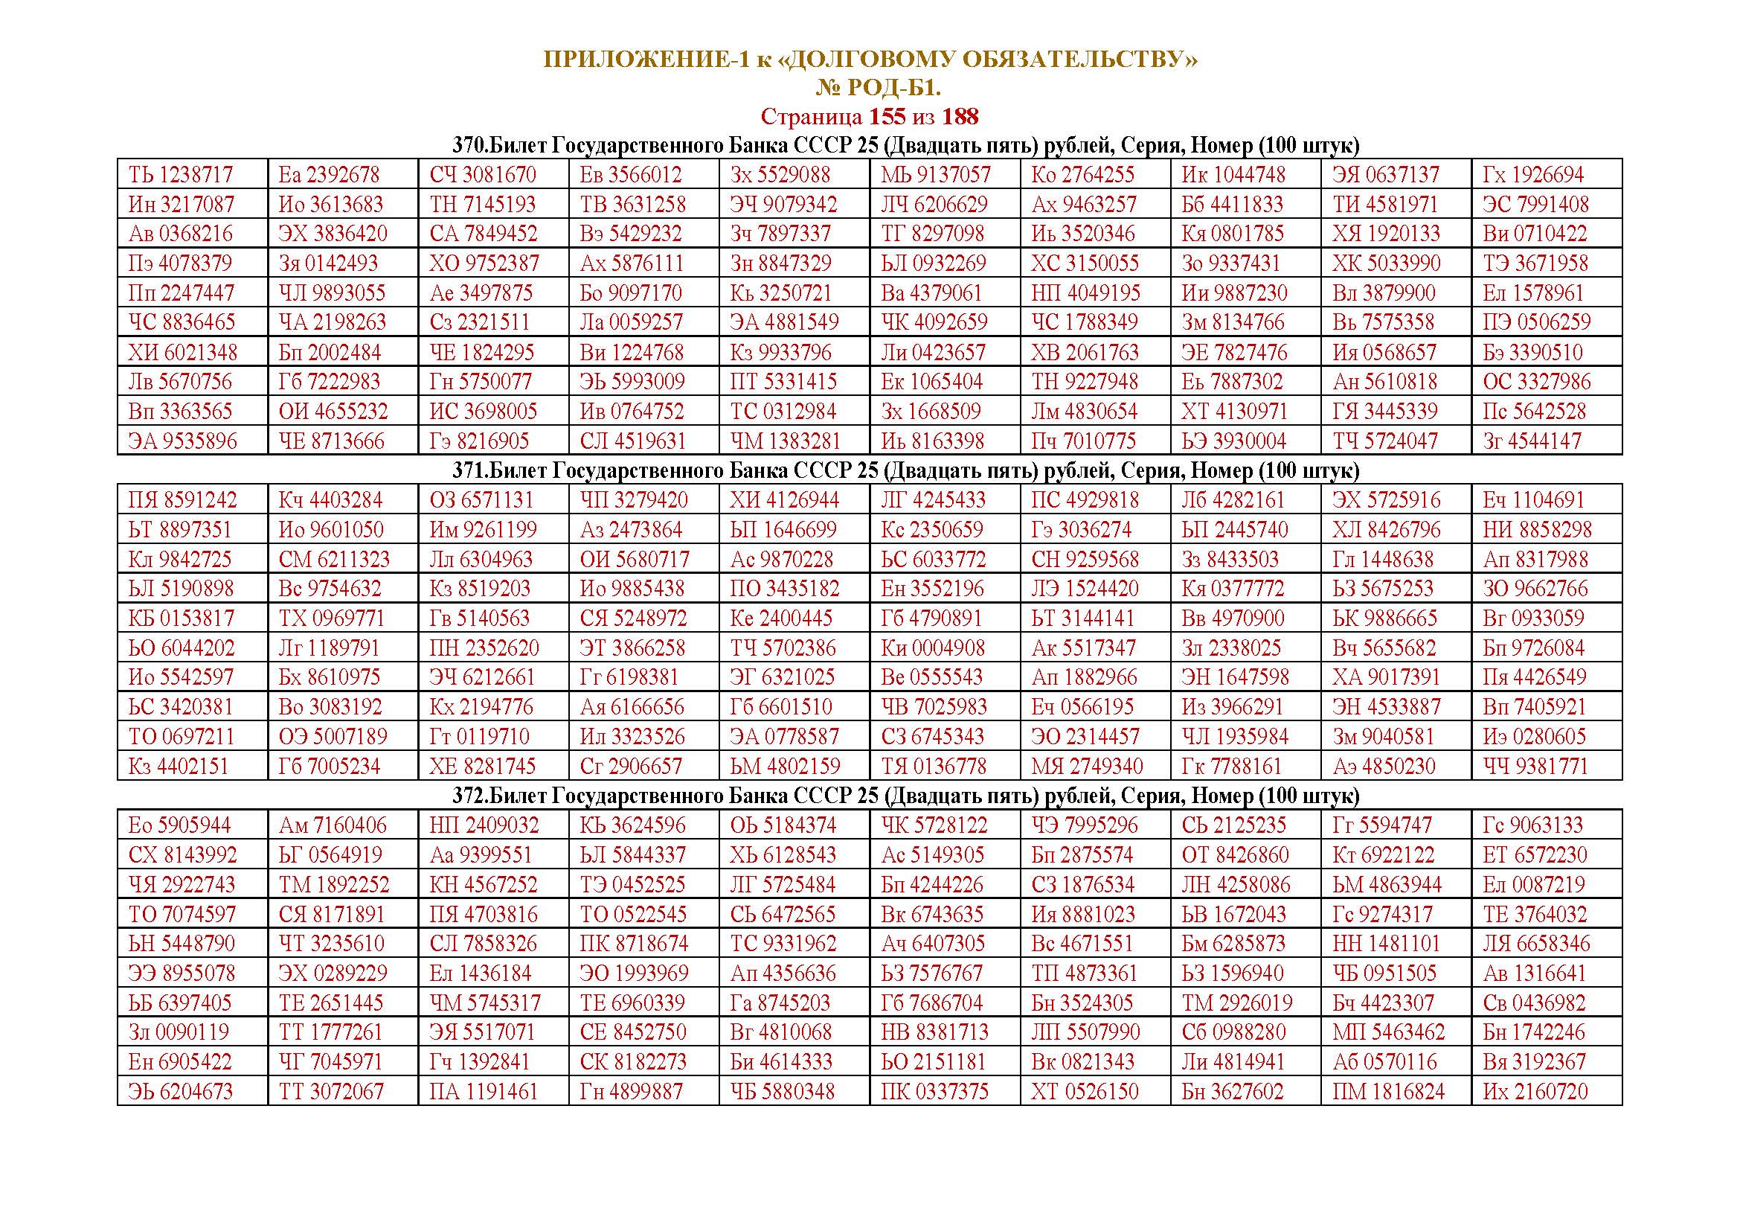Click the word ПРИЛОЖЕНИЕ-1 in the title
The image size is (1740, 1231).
pyautogui.click(x=646, y=59)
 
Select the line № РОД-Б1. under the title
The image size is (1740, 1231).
pyautogui.click(x=879, y=88)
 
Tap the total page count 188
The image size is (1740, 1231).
pyautogui.click(x=960, y=117)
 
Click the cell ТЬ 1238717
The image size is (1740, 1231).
pyautogui.click(x=180, y=175)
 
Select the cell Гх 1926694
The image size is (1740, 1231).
pyautogui.click(x=1533, y=175)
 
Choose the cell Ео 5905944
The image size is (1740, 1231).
pyautogui.click(x=179, y=825)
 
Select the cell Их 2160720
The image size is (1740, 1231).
pyautogui.click(x=1534, y=1092)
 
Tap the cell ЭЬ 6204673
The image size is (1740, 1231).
pyautogui.click(x=180, y=1092)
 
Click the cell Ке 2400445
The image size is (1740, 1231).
pyautogui.click(x=780, y=618)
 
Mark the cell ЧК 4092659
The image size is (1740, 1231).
pyautogui.click(x=934, y=322)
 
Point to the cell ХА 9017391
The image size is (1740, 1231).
pyautogui.click(x=1386, y=678)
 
